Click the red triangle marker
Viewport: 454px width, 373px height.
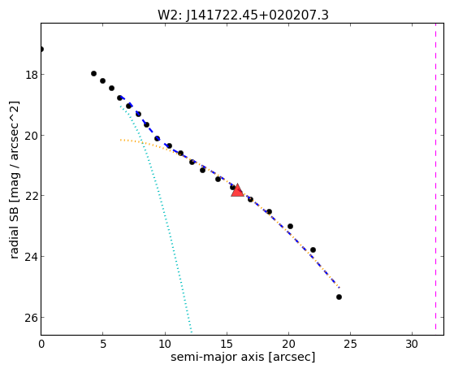(x=237, y=190)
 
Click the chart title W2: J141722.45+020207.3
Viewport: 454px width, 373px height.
(x=243, y=15)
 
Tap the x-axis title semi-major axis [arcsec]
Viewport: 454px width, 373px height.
(x=243, y=357)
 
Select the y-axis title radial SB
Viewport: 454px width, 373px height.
(x=15, y=238)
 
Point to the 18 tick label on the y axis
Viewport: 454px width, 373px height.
(x=32, y=75)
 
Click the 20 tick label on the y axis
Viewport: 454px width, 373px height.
(x=32, y=136)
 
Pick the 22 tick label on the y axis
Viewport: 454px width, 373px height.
(x=32, y=196)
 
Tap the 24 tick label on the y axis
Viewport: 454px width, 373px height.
(x=32, y=257)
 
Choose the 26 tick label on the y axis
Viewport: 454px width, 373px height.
(x=32, y=318)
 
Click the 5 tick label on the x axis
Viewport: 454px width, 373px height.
(x=103, y=345)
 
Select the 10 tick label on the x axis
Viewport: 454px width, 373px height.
(x=165, y=345)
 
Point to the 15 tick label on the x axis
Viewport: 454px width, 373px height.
(x=227, y=345)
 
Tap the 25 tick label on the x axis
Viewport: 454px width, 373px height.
(x=350, y=345)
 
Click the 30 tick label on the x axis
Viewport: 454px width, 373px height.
(x=412, y=345)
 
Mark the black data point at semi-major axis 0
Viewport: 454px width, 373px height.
(x=41, y=50)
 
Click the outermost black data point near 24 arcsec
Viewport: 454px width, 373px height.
(x=339, y=297)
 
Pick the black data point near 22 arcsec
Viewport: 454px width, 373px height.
(x=313, y=249)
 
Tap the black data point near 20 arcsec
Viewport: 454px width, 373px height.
(x=290, y=227)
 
